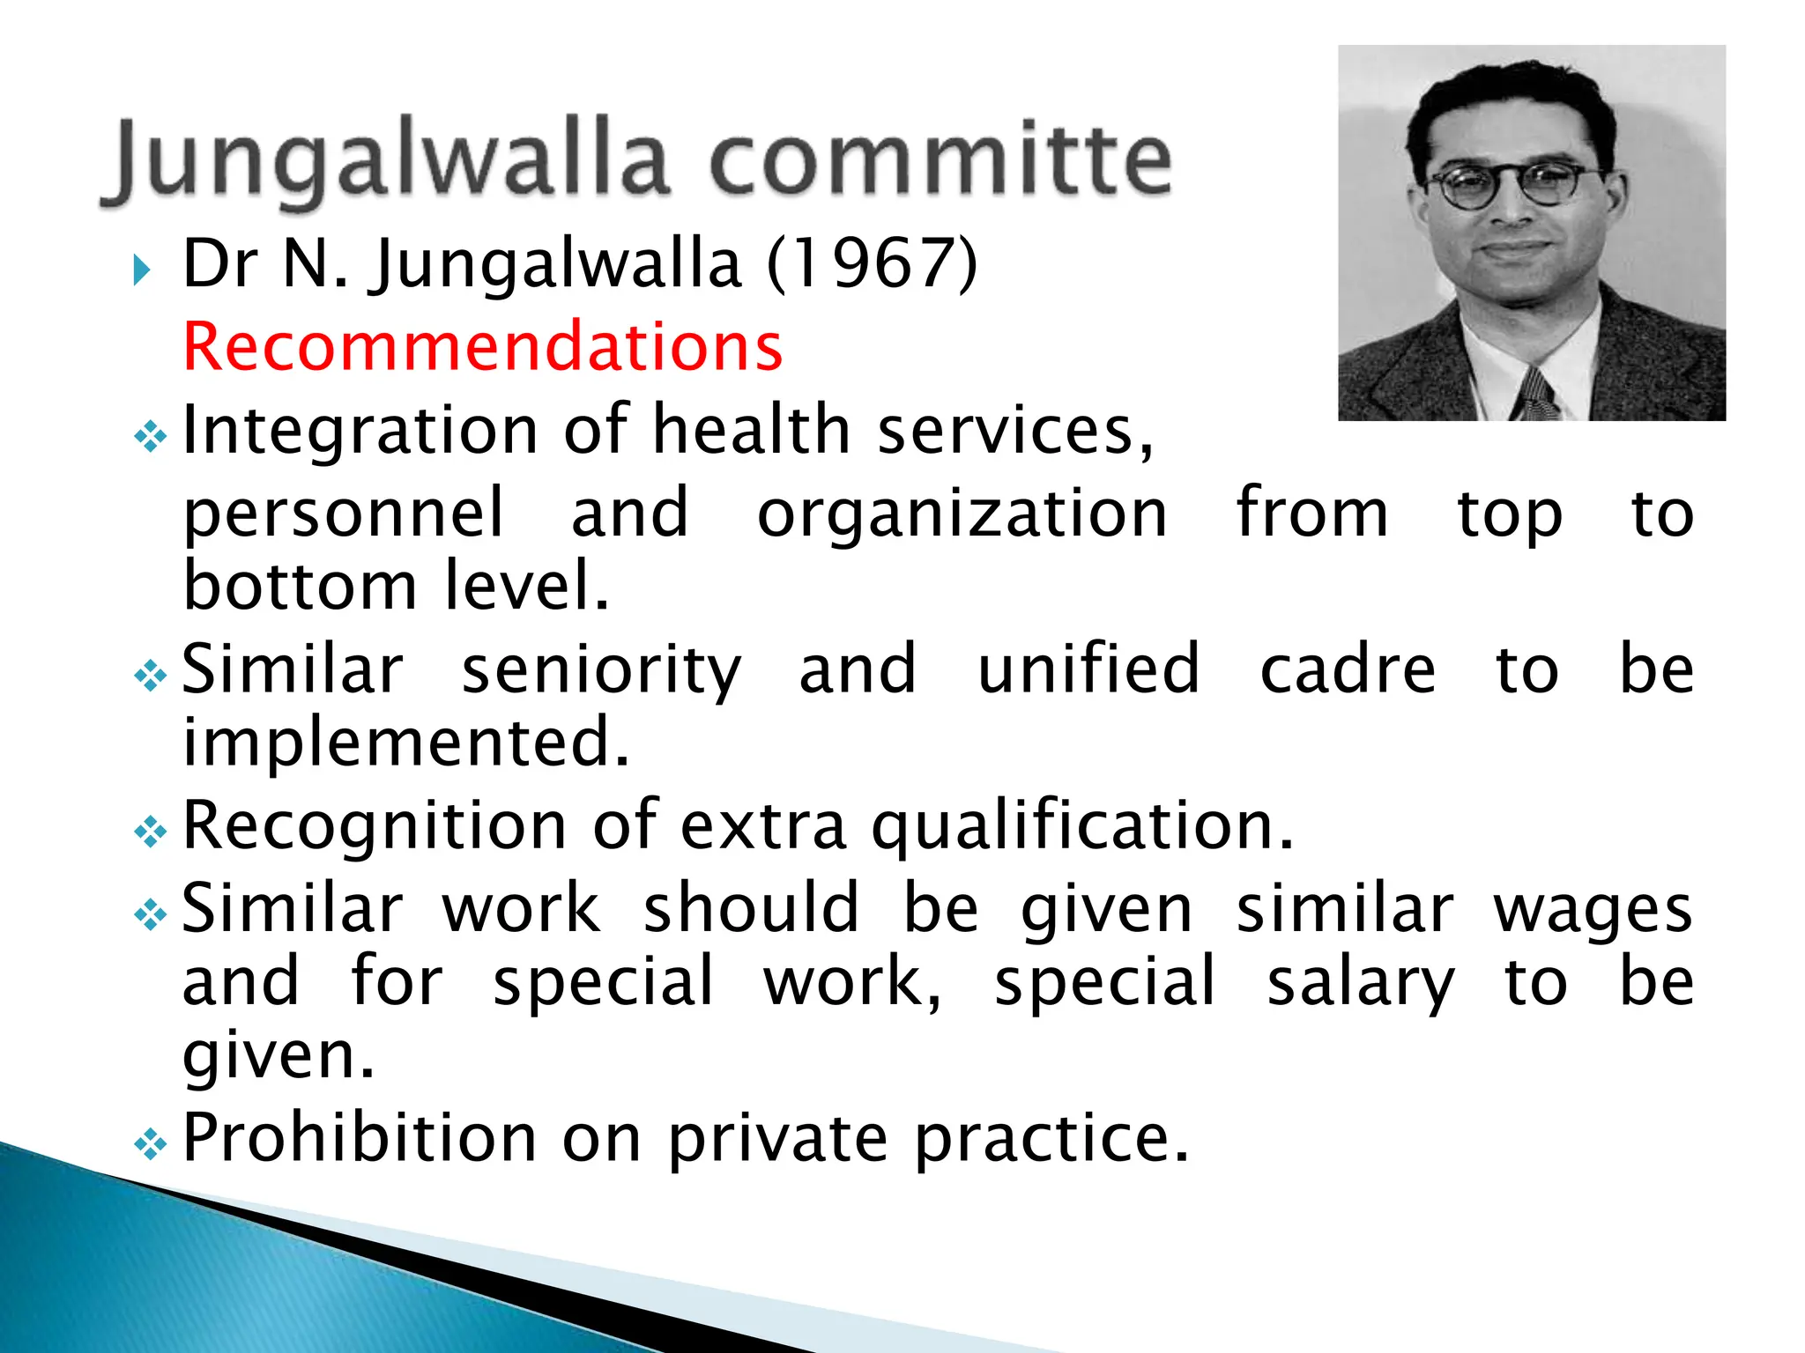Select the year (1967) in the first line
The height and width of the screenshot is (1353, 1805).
[872, 263]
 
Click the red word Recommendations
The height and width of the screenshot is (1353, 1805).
[482, 346]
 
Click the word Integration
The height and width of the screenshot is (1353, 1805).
[360, 429]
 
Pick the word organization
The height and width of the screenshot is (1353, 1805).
[962, 513]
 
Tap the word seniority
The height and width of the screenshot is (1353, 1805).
[602, 669]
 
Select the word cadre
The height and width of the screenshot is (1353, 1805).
[1348, 669]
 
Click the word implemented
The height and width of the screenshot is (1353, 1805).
[405, 742]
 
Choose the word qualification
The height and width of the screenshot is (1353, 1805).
[1082, 826]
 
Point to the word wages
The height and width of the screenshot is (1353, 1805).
[1593, 909]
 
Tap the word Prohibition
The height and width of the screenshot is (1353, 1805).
[360, 1138]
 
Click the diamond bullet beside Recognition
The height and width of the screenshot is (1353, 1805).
[150, 832]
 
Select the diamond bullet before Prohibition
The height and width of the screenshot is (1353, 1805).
[150, 1144]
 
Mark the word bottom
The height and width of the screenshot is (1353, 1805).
[300, 587]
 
